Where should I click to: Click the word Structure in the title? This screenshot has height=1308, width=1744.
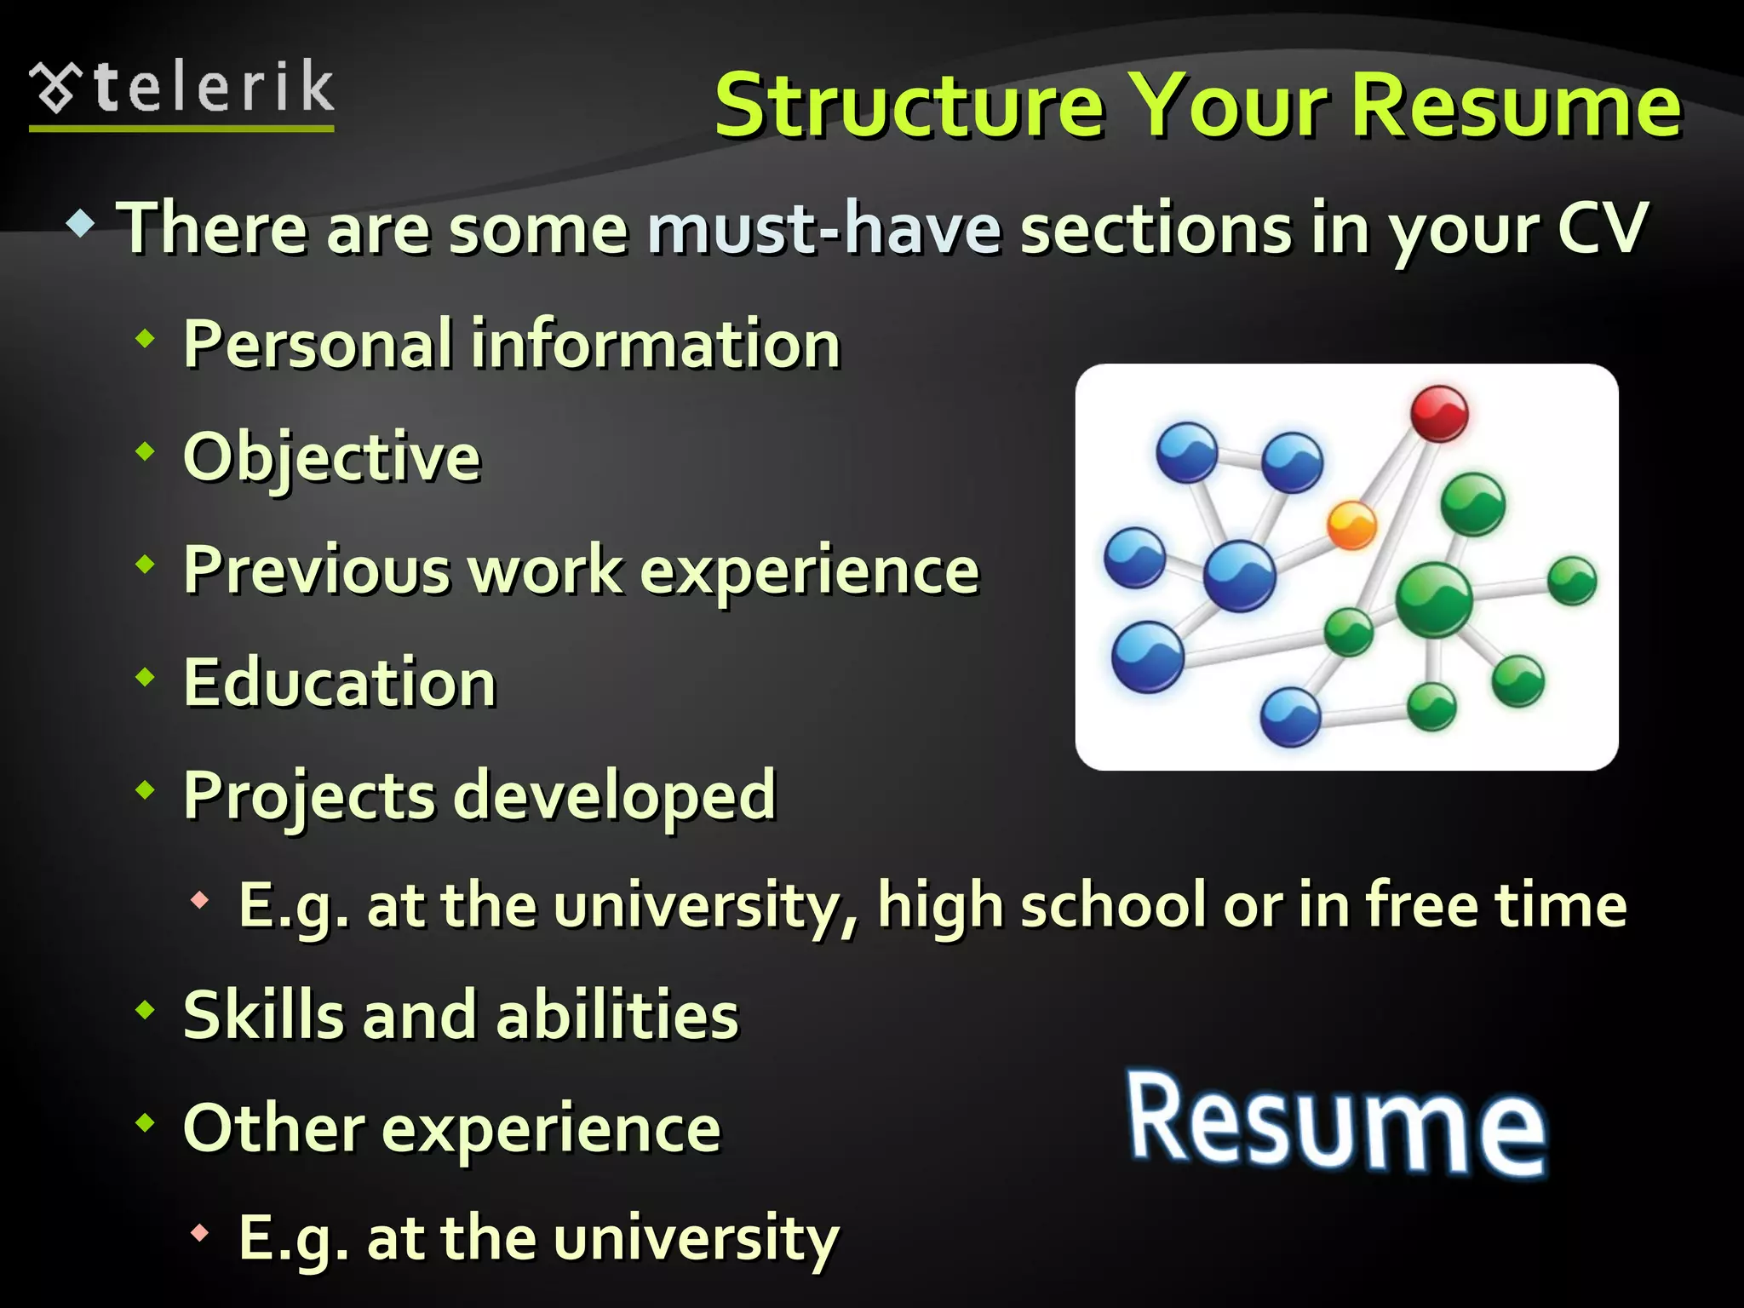909,106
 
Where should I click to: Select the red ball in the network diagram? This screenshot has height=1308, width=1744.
1439,414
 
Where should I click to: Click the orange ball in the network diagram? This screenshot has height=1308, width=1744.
1351,525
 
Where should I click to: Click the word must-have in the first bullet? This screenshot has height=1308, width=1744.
823,228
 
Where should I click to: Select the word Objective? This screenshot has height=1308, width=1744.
332,458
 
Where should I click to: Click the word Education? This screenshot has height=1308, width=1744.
340,683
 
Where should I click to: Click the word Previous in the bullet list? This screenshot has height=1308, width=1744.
317,571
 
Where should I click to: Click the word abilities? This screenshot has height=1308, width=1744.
617,1015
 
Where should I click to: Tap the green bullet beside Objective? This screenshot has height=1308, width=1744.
146,451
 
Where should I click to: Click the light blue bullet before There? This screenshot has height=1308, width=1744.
81,225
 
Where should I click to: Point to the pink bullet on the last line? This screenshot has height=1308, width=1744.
200,1232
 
